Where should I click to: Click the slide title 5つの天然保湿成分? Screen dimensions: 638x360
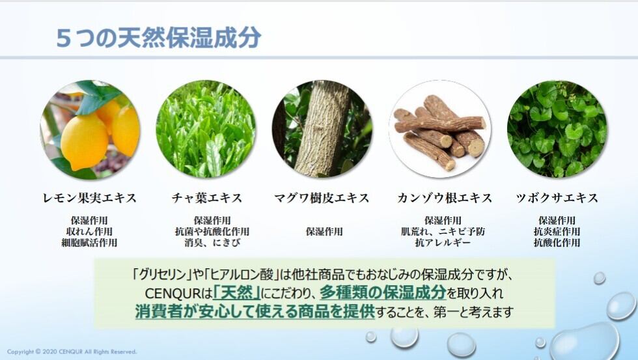tap(159, 38)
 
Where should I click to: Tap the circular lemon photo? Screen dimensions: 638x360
tap(90, 130)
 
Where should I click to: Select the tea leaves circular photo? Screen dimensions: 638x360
tap(206, 130)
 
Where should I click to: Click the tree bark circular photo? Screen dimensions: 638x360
tap(322, 130)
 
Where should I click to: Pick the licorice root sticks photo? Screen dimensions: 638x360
tap(439, 130)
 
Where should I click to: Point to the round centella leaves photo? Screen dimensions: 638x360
tap(557, 130)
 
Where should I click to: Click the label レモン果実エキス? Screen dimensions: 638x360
tap(90, 198)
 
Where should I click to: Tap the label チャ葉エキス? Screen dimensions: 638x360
tap(207, 198)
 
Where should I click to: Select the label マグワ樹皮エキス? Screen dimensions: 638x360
tap(322, 198)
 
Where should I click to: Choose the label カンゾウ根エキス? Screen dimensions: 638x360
tap(444, 198)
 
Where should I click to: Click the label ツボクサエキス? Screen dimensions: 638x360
tap(557, 198)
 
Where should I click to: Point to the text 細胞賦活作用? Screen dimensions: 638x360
tap(90, 243)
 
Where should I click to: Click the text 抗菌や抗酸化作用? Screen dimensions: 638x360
tap(212, 232)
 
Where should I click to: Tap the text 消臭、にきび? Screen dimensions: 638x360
tap(212, 243)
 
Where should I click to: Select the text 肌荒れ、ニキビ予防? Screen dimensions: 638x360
tap(443, 232)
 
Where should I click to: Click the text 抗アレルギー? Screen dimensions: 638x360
tap(443, 243)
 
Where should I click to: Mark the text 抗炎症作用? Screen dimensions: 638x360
tap(557, 232)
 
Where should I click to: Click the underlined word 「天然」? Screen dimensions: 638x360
tap(237, 293)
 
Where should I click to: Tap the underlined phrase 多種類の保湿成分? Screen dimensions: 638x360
tap(383, 293)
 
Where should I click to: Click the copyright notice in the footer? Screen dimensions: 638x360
tap(72, 352)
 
